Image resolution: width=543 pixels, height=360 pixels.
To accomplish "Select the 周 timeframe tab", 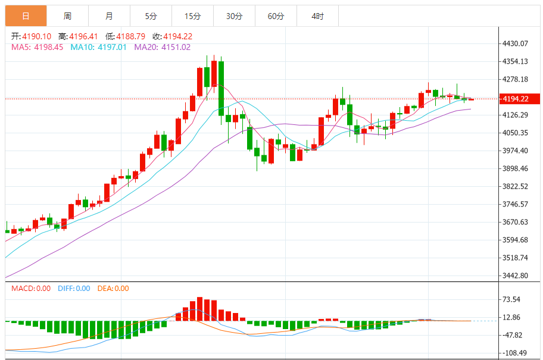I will click(67, 16).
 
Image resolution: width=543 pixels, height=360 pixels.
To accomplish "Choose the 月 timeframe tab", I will click(109, 16).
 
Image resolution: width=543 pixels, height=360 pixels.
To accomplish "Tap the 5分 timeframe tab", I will click(151, 16).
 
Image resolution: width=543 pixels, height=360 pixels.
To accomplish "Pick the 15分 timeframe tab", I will click(192, 16).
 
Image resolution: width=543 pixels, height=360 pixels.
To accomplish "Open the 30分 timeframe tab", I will click(234, 16).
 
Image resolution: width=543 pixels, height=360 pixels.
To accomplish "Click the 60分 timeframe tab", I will click(276, 16).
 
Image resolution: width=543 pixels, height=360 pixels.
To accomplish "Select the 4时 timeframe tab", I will click(317, 16).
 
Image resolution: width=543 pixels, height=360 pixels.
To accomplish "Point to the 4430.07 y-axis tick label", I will click(516, 43).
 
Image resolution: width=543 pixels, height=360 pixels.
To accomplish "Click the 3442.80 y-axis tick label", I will click(516, 276).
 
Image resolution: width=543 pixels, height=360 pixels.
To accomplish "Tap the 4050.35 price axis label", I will click(516, 133).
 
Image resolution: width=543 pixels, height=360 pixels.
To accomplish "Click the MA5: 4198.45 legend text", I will click(37, 47).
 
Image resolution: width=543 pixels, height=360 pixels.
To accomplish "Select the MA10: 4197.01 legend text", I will click(99, 47).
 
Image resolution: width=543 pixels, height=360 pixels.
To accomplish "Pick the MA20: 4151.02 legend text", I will click(163, 47).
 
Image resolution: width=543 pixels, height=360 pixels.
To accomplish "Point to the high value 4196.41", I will click(85, 36).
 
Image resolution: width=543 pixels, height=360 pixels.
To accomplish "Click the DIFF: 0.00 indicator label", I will click(74, 289).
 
